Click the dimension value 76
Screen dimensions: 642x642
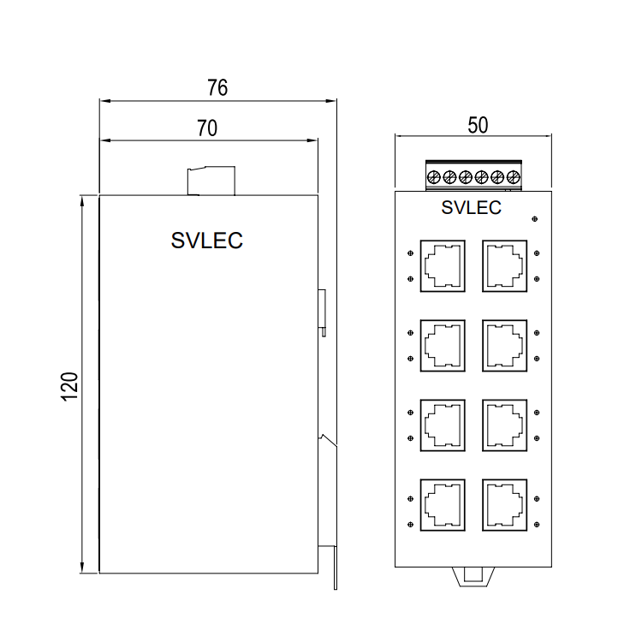217,87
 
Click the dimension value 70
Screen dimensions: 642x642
207,128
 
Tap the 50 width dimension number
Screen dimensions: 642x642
478,125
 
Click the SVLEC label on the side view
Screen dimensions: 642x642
207,241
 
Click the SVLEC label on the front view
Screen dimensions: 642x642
471,207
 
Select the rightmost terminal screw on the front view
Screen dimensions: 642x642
514,177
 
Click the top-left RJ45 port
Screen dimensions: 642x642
442,265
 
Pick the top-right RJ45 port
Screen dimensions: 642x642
504,265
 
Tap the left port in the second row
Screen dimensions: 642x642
442,345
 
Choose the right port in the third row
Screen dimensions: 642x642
504,425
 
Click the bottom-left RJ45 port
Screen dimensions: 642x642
442,504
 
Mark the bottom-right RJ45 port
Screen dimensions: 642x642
504,504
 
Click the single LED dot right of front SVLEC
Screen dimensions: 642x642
535,220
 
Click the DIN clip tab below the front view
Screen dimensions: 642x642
472,577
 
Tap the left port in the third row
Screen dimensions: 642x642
442,425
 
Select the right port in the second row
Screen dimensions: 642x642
504,345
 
